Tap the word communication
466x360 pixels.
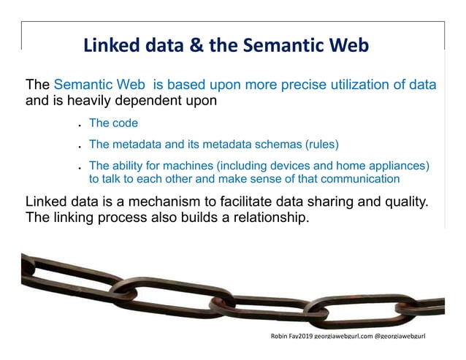click(x=353, y=178)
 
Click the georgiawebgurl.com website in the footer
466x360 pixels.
click(x=343, y=336)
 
